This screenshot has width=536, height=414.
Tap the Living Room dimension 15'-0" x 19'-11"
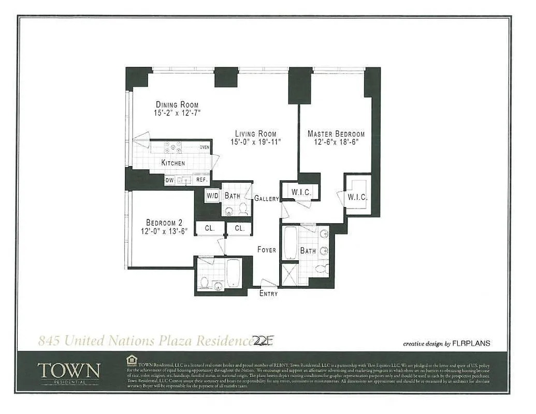[255, 142]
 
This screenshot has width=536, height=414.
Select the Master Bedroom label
[336, 134]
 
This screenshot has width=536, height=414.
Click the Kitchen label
[173, 163]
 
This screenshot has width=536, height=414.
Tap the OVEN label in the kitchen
[205, 147]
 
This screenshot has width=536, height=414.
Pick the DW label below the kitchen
[169, 181]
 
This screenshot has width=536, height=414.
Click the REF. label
[201, 181]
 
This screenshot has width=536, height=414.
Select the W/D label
[212, 196]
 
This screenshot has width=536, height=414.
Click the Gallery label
[266, 199]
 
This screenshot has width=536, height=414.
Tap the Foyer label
[267, 250]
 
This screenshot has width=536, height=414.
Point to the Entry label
[268, 293]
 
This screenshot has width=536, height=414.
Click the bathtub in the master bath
[291, 242]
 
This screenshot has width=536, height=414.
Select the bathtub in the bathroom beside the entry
[233, 273]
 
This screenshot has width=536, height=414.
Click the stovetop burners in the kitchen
[173, 147]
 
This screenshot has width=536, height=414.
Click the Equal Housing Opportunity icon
[132, 359]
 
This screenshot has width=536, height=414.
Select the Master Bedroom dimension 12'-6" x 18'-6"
[336, 142]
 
